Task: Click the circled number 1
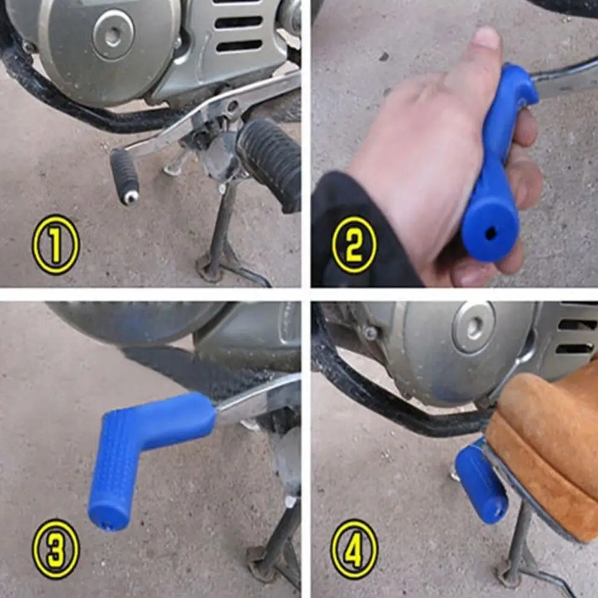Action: [56, 244]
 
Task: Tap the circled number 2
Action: [354, 244]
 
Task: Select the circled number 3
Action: [56, 549]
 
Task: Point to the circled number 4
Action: [354, 549]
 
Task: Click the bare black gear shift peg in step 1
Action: [124, 174]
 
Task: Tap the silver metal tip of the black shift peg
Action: [131, 197]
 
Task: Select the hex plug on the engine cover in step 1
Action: [113, 35]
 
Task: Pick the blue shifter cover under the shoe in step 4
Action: [481, 481]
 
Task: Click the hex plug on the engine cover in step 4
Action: [474, 327]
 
